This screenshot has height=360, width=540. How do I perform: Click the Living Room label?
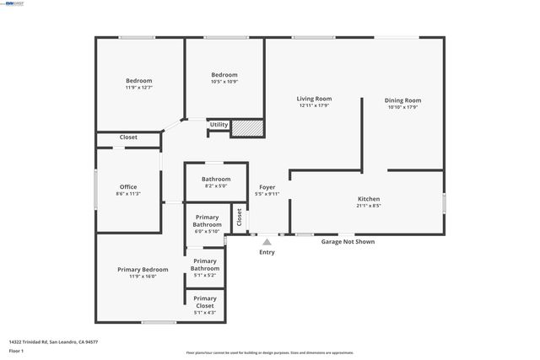pyautogui.click(x=313, y=99)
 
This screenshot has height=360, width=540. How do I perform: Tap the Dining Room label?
pyautogui.click(x=402, y=100)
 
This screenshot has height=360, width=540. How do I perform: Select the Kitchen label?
pyautogui.click(x=369, y=198)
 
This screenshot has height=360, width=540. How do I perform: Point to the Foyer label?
pyautogui.click(x=267, y=187)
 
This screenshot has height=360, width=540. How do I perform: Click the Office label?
pyautogui.click(x=128, y=187)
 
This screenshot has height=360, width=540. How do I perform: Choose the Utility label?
pyautogui.click(x=219, y=125)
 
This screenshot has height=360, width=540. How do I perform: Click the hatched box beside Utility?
pyautogui.click(x=248, y=127)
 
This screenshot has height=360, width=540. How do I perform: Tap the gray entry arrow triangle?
pyautogui.click(x=267, y=242)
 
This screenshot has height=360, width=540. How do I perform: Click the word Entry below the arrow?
pyautogui.click(x=267, y=252)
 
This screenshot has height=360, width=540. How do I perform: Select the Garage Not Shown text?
pyautogui.click(x=348, y=242)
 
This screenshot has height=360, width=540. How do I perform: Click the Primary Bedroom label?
pyautogui.click(x=143, y=269)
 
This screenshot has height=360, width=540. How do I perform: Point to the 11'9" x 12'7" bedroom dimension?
pyautogui.click(x=138, y=88)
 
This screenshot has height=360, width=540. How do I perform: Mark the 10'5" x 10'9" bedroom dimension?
pyautogui.click(x=224, y=82)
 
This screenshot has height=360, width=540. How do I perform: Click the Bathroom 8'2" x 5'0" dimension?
pyautogui.click(x=216, y=186)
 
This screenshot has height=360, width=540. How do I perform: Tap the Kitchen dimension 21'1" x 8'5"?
pyautogui.click(x=369, y=205)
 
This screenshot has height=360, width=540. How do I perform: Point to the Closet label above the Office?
pyautogui.click(x=128, y=137)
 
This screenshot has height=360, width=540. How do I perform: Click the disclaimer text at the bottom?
pyautogui.click(x=269, y=353)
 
